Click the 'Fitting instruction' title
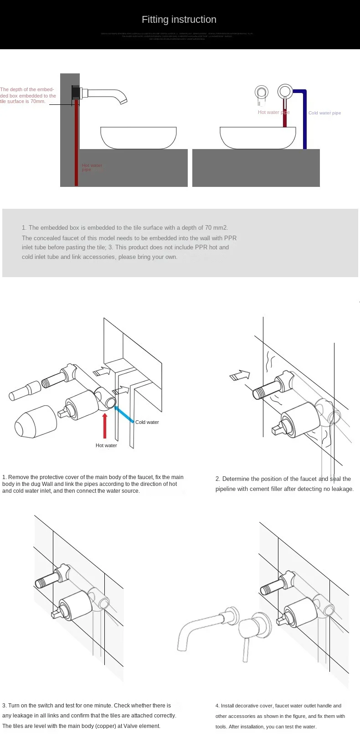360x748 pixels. pos(179,20)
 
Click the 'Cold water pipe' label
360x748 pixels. pos(324,113)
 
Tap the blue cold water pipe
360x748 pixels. pos(304,119)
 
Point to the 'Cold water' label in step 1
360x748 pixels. pos(147,422)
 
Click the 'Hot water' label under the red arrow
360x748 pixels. pos(106,445)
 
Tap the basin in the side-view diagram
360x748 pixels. pos(138,138)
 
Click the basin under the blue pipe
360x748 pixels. pos(257,138)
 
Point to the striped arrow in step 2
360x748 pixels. pos(240,375)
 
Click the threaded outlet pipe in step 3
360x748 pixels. pos(47,580)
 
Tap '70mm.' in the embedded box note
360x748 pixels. pos(38,101)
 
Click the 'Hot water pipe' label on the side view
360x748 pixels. pos(92,167)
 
